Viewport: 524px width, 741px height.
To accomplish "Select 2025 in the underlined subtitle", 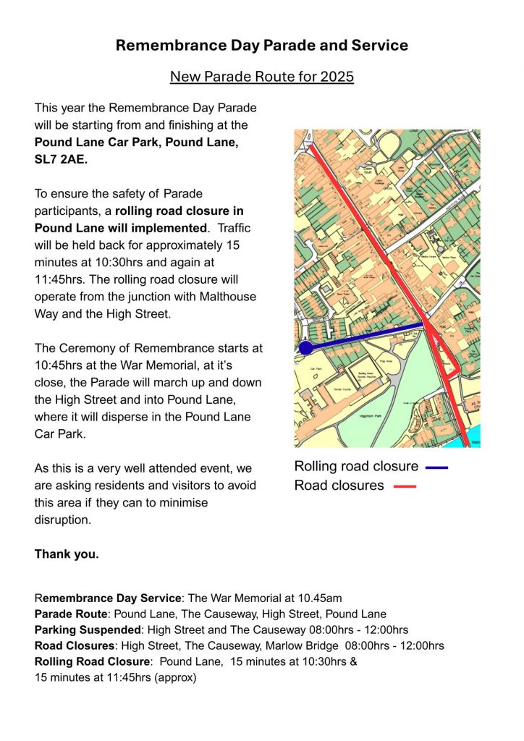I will pyautogui.click(x=336, y=77).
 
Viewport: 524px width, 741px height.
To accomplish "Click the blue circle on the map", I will pyautogui.click(x=305, y=348).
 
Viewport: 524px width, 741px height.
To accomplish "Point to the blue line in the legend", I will pyautogui.click(x=436, y=467).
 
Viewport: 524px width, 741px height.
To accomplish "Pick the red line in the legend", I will pyautogui.click(x=405, y=486).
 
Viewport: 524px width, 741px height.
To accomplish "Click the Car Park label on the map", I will pyautogui.click(x=316, y=368).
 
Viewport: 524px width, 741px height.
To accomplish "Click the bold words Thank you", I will pyautogui.click(x=67, y=554).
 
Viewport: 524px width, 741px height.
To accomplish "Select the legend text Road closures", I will pyautogui.click(x=339, y=486).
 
